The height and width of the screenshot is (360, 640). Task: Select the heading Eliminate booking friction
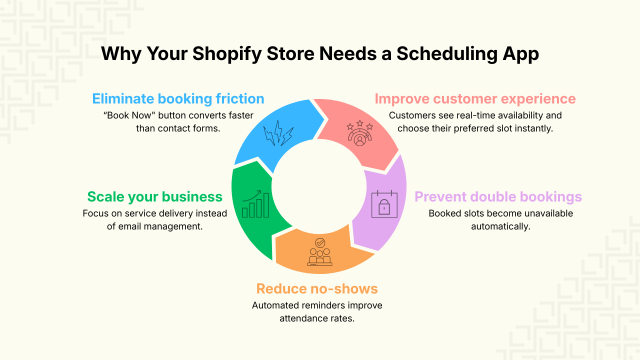tap(178, 98)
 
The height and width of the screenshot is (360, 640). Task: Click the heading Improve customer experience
tap(475, 98)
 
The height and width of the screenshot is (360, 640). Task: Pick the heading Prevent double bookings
tap(498, 196)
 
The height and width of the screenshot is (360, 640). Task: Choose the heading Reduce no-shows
tap(317, 288)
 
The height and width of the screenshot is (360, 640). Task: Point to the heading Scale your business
tap(154, 196)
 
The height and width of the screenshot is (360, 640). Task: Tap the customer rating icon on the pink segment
tap(359, 133)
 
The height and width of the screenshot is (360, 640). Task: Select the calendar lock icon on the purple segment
tap(384, 204)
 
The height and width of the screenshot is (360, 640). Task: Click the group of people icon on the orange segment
tap(319, 252)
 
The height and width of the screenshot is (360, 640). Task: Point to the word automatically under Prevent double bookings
tap(500, 226)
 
